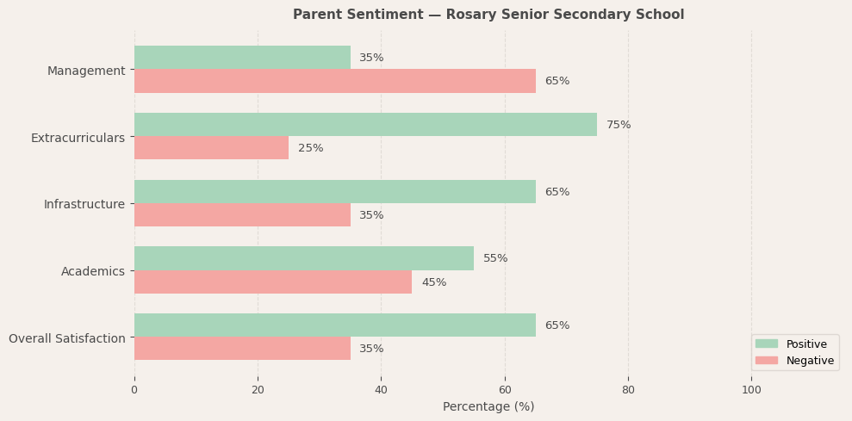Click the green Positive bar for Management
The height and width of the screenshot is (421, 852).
(x=242, y=58)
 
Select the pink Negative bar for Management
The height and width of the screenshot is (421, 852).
(x=334, y=81)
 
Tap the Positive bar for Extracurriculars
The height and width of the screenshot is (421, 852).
(x=365, y=125)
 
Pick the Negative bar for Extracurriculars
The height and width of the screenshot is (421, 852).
(x=211, y=148)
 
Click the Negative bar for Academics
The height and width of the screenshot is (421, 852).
(x=272, y=282)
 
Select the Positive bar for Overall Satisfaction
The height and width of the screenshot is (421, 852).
(x=334, y=325)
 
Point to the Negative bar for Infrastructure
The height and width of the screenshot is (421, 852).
(x=242, y=215)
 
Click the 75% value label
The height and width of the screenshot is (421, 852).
(x=619, y=125)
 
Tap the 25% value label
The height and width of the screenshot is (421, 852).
(x=310, y=148)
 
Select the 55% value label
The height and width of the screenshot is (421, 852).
(x=495, y=258)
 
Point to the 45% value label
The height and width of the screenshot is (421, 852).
(x=433, y=282)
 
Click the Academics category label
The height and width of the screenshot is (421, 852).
(x=93, y=271)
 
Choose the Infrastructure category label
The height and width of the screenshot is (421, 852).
(x=84, y=204)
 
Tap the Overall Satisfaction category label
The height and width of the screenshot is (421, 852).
(x=67, y=338)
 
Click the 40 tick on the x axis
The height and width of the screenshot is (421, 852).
(x=381, y=390)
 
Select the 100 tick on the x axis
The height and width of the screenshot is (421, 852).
(x=751, y=390)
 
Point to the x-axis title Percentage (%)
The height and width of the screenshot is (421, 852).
(x=488, y=406)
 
